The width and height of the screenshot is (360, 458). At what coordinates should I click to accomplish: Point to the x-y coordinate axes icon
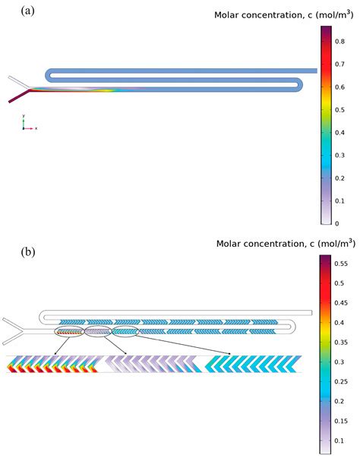(x=27, y=125)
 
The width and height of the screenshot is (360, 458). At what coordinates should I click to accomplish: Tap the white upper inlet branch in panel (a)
(x=18, y=81)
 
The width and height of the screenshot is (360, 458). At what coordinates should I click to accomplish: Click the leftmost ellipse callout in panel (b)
(x=70, y=332)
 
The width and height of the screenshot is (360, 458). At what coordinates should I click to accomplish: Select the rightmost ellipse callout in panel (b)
(x=125, y=331)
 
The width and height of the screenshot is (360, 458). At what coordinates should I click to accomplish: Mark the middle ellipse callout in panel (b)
(x=97, y=332)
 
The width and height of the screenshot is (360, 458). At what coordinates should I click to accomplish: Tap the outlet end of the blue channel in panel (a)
(x=314, y=71)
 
